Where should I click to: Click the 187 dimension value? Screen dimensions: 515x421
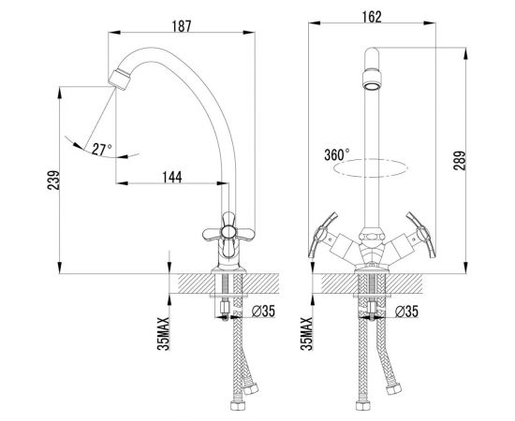tap(182, 26)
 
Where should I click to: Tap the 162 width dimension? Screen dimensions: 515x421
tap(372, 17)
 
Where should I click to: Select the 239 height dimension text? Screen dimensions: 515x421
tap(54, 180)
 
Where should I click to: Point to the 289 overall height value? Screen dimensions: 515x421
tap(460, 160)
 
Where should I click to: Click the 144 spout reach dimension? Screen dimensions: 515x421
tap(172, 177)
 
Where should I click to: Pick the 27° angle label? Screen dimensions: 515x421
tap(102, 150)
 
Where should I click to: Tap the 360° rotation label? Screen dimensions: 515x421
tap(337, 155)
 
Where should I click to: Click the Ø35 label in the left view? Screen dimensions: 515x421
tap(263, 312)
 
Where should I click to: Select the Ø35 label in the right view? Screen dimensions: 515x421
tap(407, 312)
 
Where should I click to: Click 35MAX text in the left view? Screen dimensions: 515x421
tap(163, 333)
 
